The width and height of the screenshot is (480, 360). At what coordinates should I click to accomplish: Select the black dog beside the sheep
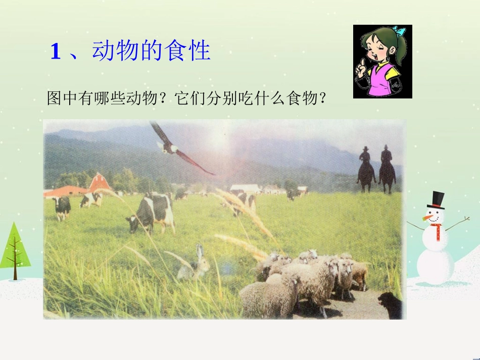[390, 305]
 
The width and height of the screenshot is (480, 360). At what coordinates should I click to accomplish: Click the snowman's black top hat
[436, 200]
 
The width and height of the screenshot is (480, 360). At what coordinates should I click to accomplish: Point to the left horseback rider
[365, 169]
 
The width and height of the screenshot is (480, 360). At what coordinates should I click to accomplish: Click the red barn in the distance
[100, 182]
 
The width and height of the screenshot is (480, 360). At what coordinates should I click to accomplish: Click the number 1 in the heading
[55, 52]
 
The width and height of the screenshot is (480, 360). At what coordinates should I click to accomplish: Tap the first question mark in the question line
[164, 98]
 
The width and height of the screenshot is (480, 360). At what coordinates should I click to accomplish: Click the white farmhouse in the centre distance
[246, 188]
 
